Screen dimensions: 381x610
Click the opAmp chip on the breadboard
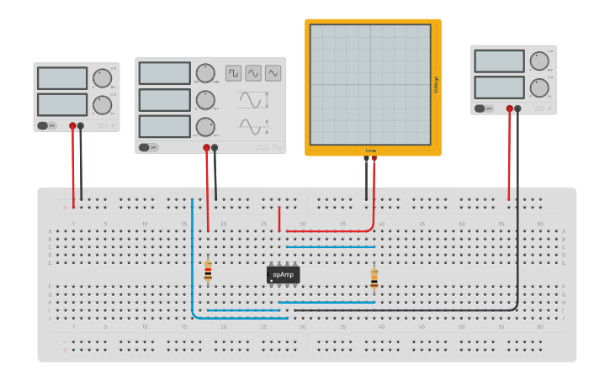283,274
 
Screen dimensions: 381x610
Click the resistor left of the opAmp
208,270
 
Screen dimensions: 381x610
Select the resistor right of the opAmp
374,278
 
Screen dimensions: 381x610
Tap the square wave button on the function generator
233,73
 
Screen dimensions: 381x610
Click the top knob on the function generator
204,73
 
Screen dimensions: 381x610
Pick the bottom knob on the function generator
204,127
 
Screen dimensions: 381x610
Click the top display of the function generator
165,73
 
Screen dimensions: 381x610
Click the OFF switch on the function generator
149,147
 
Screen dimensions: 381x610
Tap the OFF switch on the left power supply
46,126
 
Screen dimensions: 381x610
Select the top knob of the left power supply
102,78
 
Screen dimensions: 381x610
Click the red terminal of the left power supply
73,126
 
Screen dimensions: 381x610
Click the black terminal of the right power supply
517,108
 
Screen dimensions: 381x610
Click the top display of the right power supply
499,61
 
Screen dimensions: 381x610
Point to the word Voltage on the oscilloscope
436,85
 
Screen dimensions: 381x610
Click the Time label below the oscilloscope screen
370,151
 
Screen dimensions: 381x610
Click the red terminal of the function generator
206,147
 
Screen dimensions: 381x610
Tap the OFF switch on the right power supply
484,108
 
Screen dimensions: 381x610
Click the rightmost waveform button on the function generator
273,73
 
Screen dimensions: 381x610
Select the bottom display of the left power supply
62,104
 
